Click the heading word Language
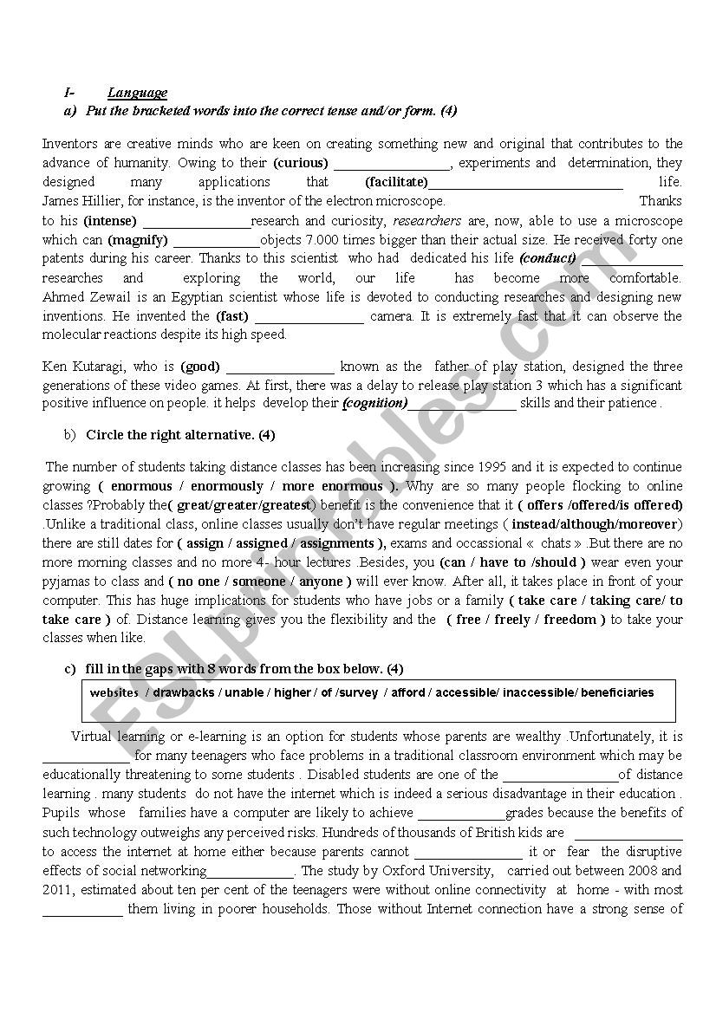coord(138,93)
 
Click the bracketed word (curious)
coord(301,163)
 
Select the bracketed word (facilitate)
coord(397,182)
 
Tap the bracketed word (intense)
coord(110,221)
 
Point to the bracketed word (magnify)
coord(138,240)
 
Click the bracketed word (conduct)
coord(548,258)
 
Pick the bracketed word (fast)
coord(233,316)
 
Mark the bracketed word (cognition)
coord(374,403)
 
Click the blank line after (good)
coord(280,367)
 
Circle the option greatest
coord(293,505)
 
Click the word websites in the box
coord(114,693)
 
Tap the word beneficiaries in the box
coord(617,693)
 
